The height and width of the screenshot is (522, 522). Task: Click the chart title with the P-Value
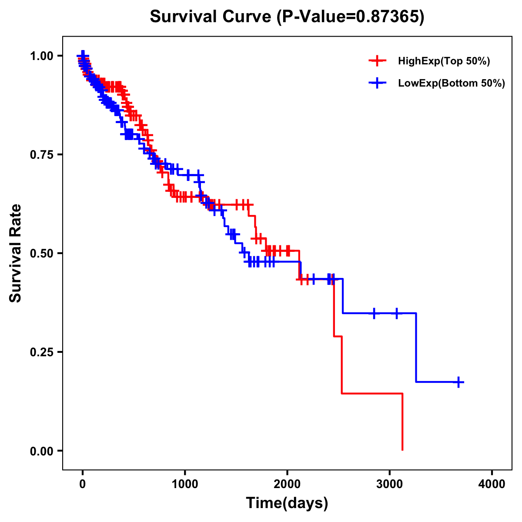287,17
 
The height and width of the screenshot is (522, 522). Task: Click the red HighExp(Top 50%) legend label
444,61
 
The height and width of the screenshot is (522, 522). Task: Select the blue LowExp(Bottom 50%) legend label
452,84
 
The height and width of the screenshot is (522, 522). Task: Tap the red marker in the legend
377,61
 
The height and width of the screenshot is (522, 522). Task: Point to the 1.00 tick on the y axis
41,56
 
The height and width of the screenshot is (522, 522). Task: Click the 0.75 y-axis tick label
41,155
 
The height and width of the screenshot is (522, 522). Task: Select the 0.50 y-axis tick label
41,254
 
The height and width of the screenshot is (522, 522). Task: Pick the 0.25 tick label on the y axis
41,352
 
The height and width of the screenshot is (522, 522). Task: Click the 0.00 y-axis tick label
41,451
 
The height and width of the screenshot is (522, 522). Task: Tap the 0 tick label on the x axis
83,484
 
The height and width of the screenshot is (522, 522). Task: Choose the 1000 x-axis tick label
185,484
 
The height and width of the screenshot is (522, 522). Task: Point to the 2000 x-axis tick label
287,484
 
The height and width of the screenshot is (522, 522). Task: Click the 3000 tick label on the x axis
390,484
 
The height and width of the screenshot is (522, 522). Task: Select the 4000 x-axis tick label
492,484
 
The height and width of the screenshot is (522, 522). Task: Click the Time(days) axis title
287,503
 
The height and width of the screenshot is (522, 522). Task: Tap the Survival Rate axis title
16,253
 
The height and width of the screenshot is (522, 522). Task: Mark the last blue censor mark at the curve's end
458,382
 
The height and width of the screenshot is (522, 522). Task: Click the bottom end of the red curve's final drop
402,450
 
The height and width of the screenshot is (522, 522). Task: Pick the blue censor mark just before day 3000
374,313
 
